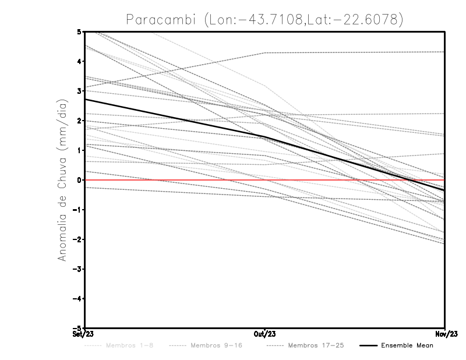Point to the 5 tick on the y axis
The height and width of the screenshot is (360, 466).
coord(79,31)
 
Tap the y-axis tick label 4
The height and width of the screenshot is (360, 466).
coord(79,61)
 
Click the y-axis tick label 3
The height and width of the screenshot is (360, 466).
coord(79,91)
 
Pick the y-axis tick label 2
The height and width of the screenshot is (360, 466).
coord(79,121)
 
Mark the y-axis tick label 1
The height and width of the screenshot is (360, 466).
coord(79,150)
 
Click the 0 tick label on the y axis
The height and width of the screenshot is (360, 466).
coord(79,180)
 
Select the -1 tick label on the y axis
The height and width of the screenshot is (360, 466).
coord(77,210)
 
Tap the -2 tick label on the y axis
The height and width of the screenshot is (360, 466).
coord(77,239)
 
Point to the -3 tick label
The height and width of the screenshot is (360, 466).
coord(77,269)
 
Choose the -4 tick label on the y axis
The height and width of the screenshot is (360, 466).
coord(77,299)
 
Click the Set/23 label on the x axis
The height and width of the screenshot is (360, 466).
coord(85,334)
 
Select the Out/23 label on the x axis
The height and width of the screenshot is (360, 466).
coord(265,334)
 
